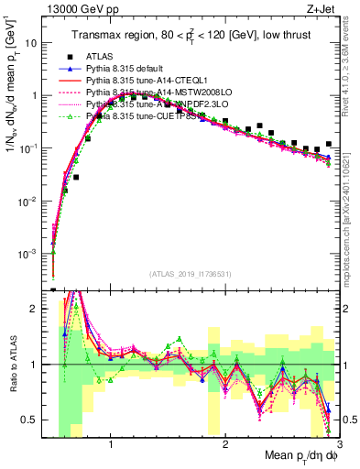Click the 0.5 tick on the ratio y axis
[36, 420]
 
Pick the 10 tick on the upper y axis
[35, 42]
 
